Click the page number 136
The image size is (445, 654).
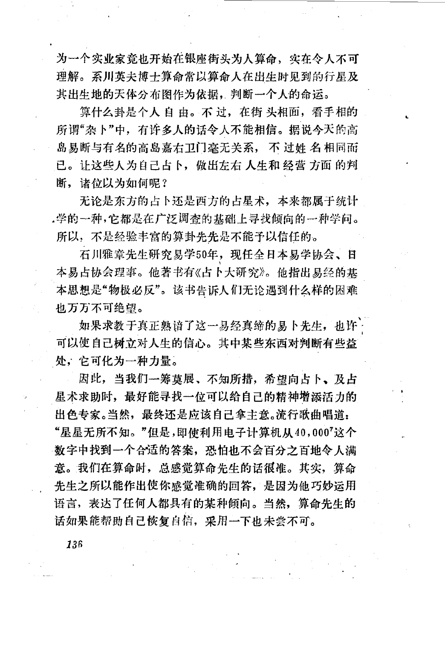click(74, 544)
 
